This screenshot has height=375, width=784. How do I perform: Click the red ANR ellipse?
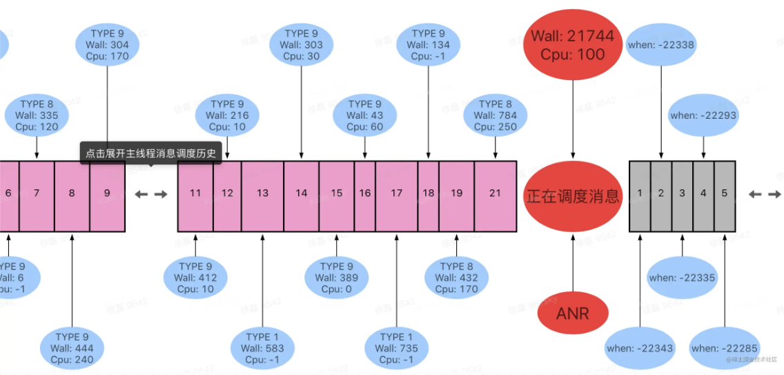573,314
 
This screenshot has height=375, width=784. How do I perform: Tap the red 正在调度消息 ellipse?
573,197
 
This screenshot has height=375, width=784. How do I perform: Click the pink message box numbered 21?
495,193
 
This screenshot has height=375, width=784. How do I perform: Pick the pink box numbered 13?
262,193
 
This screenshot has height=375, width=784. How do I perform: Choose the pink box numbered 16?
364,193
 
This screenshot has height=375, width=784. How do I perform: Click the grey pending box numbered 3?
682,193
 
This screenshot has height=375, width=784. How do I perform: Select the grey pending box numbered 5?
724,193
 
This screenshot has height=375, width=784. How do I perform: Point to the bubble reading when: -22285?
724,348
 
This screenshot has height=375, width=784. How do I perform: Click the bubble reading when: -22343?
640,348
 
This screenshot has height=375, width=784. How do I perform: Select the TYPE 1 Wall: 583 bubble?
262,348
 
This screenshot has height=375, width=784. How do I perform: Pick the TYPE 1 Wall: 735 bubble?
396,348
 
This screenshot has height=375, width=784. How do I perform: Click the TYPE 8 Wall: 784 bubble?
495,115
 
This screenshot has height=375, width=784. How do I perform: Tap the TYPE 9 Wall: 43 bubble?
365,115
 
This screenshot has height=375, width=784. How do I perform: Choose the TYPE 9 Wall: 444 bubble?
72,348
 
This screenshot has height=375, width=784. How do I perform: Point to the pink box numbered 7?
37,193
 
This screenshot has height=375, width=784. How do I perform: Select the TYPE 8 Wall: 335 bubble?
37,115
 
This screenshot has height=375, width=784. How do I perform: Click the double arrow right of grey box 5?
764,194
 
